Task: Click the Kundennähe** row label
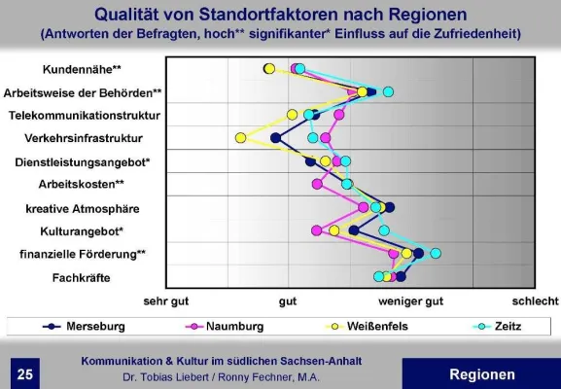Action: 82,70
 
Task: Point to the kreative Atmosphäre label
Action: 83,208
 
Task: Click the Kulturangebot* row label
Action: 81,231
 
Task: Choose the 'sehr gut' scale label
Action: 165,301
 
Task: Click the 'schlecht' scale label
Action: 536,301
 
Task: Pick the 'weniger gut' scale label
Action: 411,301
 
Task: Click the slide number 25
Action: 24,374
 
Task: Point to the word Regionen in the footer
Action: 482,374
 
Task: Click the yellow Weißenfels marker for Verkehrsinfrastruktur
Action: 240,138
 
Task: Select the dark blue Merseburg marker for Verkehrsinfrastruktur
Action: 275,138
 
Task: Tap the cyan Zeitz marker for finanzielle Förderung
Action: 436,253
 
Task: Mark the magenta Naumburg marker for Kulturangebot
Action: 316,230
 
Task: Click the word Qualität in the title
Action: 130,14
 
